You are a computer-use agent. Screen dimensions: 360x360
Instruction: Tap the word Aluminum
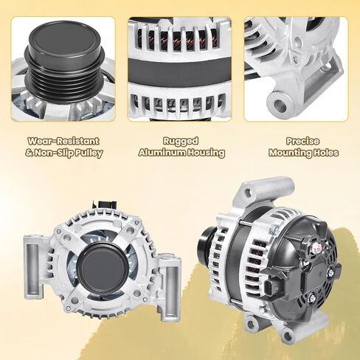click(162, 153)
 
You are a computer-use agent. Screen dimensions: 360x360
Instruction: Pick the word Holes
click(325, 153)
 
